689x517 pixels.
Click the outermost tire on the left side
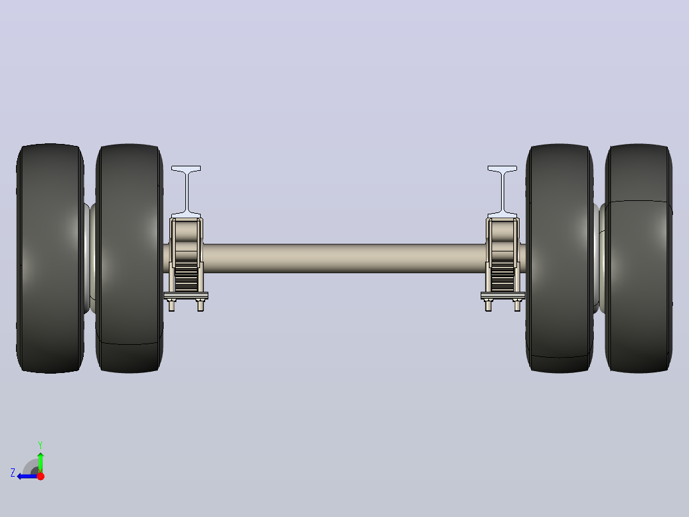point(50,258)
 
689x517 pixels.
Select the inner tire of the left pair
point(129,258)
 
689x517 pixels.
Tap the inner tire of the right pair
point(559,258)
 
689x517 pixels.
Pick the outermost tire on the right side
point(639,258)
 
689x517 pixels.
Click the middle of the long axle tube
point(344,258)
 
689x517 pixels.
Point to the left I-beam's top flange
point(186,169)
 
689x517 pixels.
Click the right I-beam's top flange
point(502,169)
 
